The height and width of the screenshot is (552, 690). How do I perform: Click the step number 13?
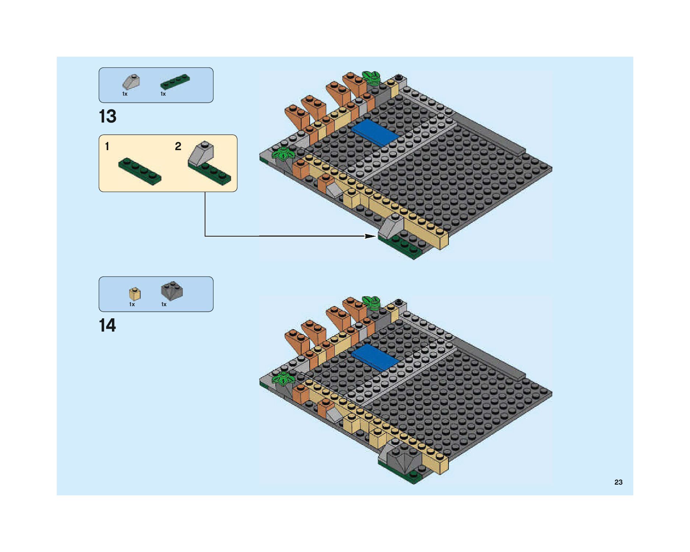pyautogui.click(x=108, y=116)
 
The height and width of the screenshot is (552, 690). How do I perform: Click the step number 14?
pyautogui.click(x=108, y=325)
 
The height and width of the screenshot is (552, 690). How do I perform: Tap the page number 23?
pyautogui.click(x=618, y=482)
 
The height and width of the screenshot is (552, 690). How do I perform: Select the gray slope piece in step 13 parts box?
pyautogui.click(x=131, y=82)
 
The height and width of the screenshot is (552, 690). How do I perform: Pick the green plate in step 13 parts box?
pyautogui.click(x=175, y=82)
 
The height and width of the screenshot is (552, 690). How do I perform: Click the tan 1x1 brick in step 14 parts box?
pyautogui.click(x=135, y=294)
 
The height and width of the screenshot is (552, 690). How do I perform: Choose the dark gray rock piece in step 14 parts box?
pyautogui.click(x=172, y=291)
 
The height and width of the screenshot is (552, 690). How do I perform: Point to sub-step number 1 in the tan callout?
pyautogui.click(x=107, y=146)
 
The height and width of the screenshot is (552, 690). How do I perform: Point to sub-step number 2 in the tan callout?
pyautogui.click(x=178, y=146)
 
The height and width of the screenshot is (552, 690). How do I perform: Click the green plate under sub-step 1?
pyautogui.click(x=140, y=171)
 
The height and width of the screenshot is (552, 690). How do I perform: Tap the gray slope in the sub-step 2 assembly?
pyautogui.click(x=201, y=153)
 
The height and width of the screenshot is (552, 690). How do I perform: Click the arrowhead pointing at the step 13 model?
pyautogui.click(x=370, y=236)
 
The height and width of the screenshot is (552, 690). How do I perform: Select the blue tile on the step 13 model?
pyautogui.click(x=375, y=132)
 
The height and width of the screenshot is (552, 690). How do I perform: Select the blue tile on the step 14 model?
pyautogui.click(x=375, y=357)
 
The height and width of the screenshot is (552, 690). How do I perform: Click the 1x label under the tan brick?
pyautogui.click(x=132, y=304)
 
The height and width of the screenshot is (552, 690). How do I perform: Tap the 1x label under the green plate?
pyautogui.click(x=163, y=94)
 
